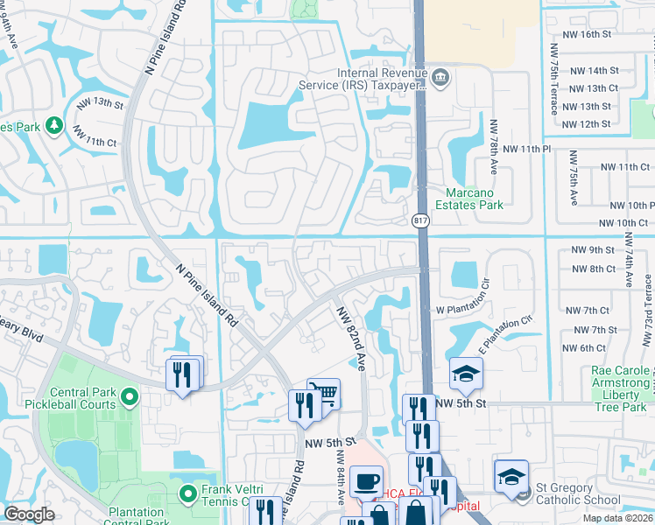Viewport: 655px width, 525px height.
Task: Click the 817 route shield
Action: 421,220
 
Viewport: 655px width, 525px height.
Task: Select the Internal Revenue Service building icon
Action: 440,79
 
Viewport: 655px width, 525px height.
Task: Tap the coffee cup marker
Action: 365,480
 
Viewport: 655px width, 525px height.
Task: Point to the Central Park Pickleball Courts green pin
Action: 129,398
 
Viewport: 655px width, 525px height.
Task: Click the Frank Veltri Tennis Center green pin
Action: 187,494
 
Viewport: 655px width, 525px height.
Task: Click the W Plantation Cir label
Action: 472,310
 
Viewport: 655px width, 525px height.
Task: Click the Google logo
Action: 29,514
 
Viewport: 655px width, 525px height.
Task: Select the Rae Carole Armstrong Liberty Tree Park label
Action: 609,382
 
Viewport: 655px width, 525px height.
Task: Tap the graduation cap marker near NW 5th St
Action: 466,374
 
